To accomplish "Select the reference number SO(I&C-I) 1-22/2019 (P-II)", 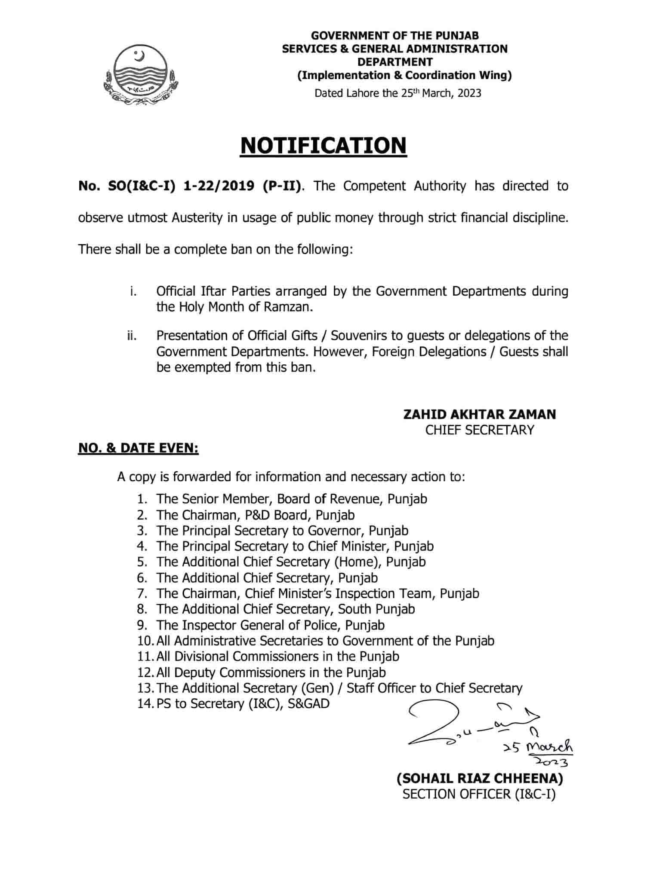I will [x=189, y=186].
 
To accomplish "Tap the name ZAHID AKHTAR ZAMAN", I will [x=479, y=414].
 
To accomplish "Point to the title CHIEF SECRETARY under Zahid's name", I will [x=479, y=430].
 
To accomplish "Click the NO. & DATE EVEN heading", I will [x=138, y=449].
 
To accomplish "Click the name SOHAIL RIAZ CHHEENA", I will [x=479, y=779].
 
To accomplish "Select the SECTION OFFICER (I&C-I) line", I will [x=479, y=794].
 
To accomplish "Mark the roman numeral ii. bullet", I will [x=132, y=336].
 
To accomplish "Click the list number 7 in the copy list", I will [x=142, y=594].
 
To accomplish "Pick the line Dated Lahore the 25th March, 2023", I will [x=397, y=93].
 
